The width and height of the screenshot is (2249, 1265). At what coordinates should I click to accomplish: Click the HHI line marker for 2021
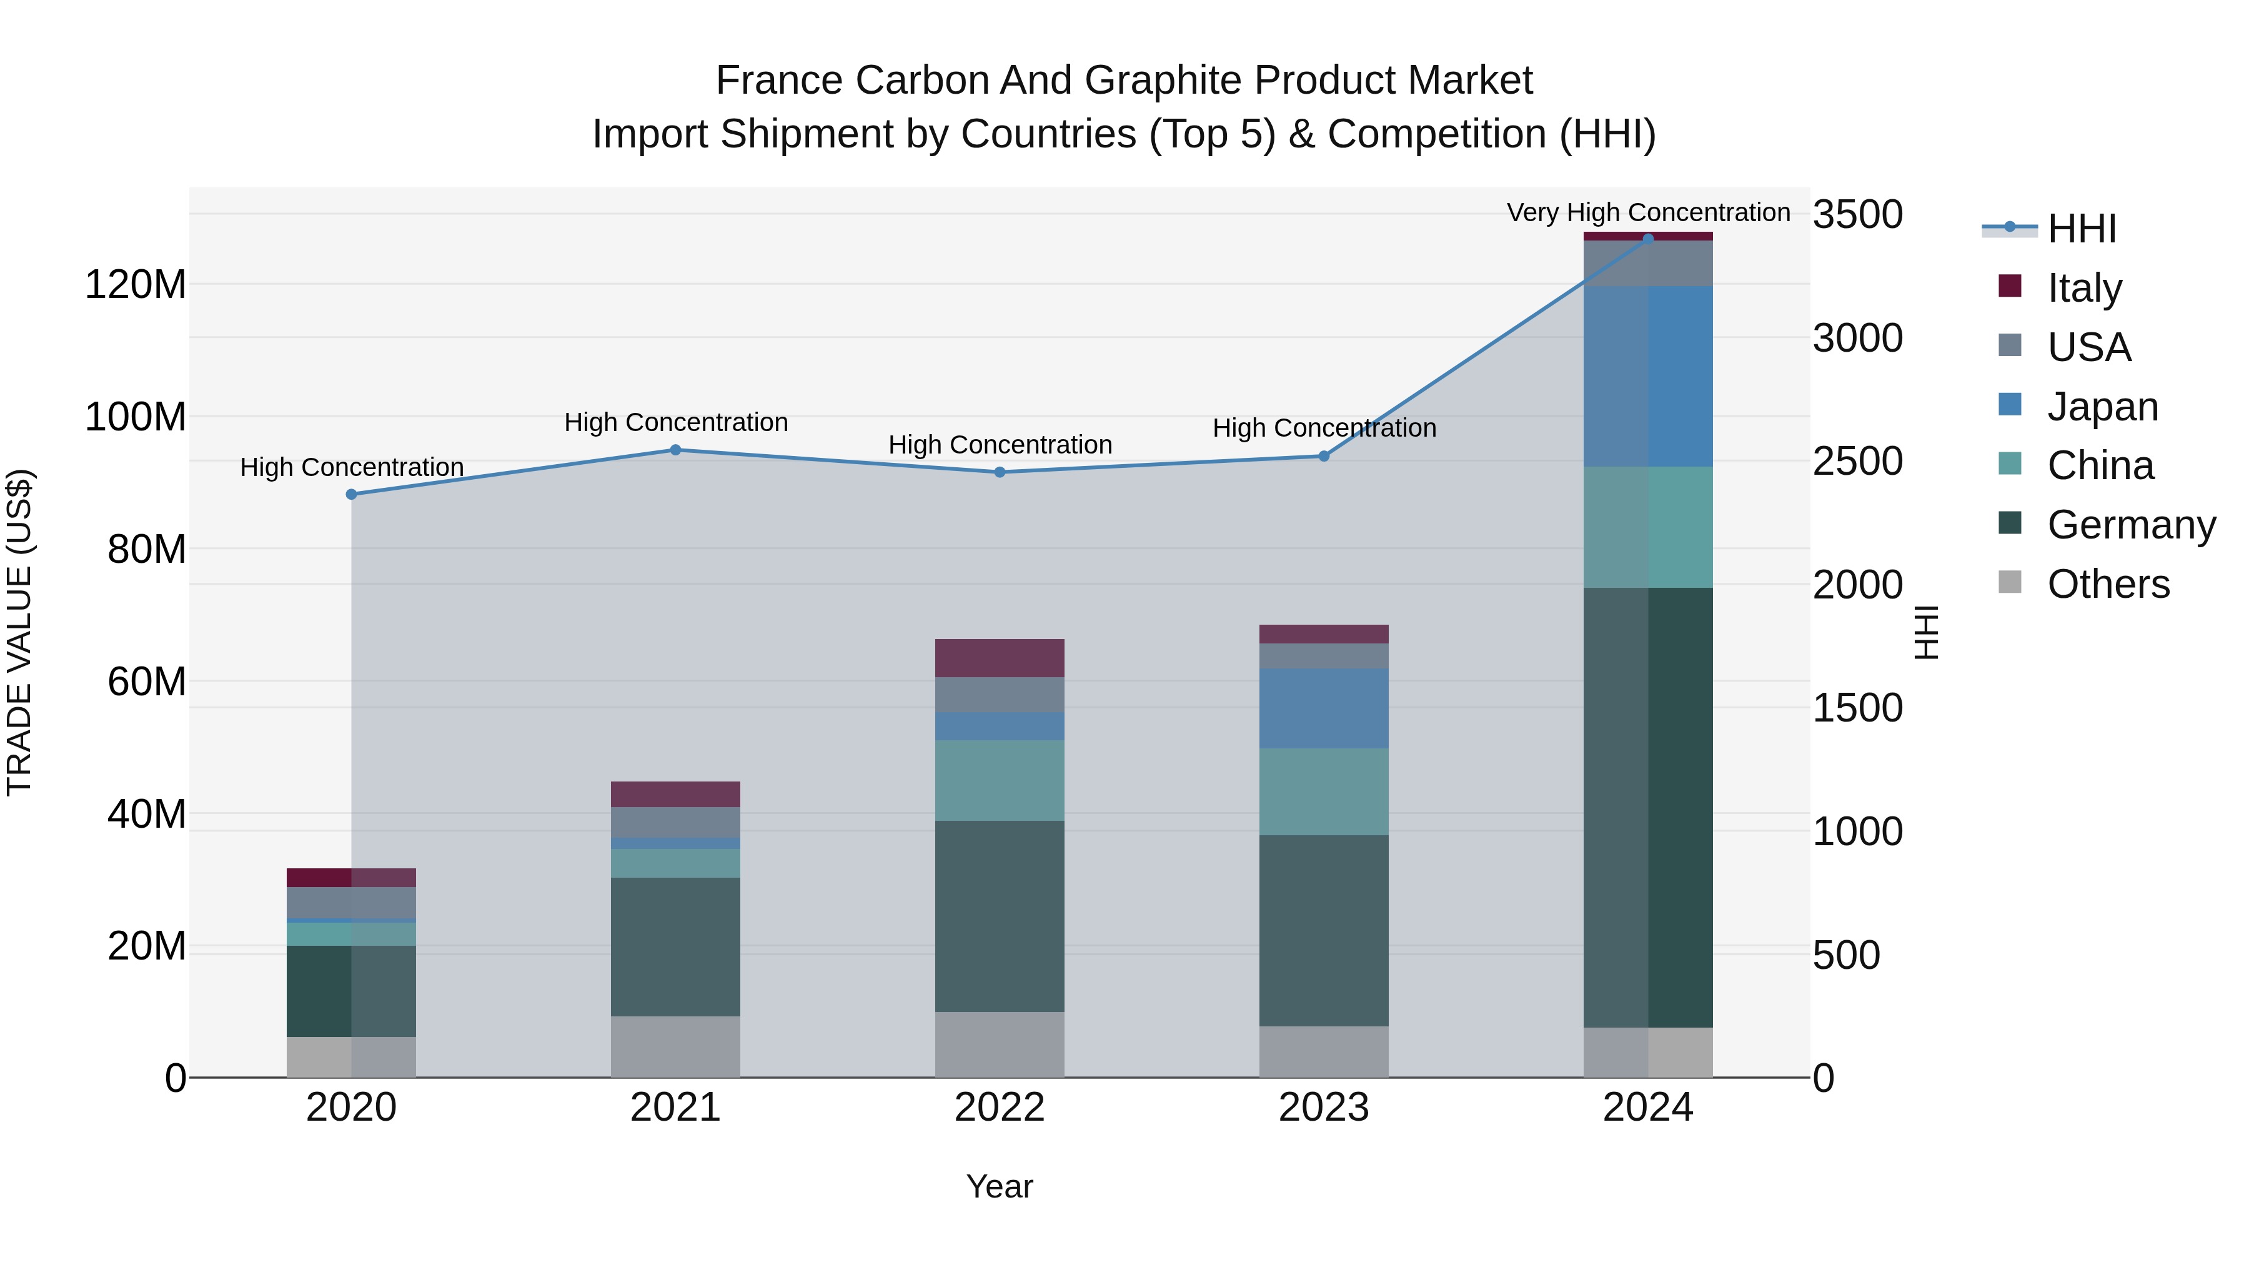pos(675,450)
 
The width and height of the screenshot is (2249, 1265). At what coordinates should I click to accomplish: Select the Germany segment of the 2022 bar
pos(1000,916)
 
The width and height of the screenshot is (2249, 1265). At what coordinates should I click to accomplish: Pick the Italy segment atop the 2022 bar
pos(1000,658)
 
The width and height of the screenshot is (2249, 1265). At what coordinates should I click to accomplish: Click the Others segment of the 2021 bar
pos(675,1047)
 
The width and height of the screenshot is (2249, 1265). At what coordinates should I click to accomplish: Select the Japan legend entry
pos(2102,407)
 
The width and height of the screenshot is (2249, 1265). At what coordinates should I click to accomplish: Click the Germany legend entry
pos(2131,525)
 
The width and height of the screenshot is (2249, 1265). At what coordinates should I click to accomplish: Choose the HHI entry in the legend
pos(2082,229)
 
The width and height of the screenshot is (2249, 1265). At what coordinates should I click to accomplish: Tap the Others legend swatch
pos(2010,582)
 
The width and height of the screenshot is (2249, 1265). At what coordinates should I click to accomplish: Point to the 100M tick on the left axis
pos(136,417)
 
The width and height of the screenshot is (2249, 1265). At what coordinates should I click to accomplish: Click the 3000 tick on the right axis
pos(1858,338)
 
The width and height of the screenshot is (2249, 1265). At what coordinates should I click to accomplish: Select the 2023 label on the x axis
pos(1324,1108)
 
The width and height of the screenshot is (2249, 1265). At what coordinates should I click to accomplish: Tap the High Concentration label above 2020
pos(352,467)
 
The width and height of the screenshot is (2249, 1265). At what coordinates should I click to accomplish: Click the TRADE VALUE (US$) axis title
pos(19,632)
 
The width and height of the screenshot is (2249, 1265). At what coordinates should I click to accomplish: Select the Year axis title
pos(1000,1186)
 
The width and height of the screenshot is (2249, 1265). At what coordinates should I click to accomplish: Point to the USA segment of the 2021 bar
pos(675,822)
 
